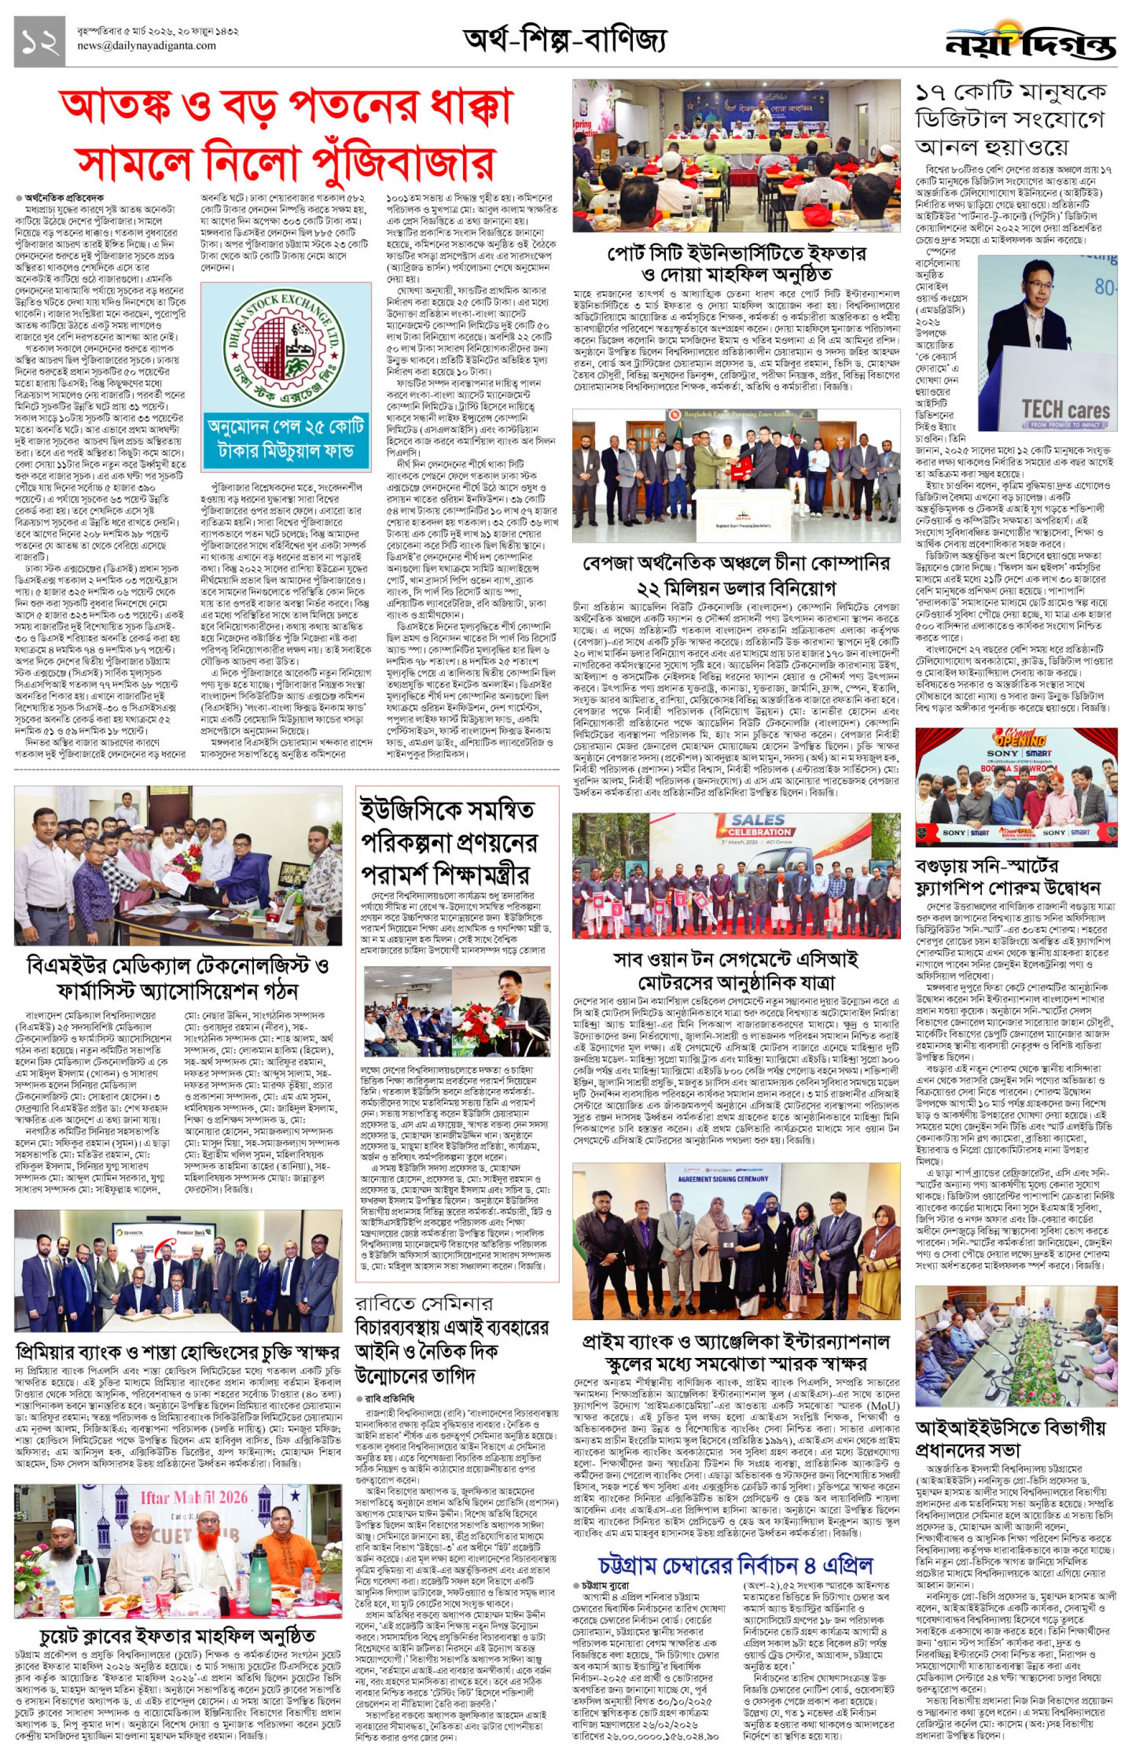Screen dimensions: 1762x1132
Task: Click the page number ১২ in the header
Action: (x=39, y=42)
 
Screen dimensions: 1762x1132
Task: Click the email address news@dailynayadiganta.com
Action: (x=147, y=46)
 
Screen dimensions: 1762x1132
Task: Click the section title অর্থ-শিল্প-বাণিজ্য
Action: (x=564, y=40)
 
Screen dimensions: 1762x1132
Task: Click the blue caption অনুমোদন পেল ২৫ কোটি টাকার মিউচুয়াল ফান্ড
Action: (x=285, y=439)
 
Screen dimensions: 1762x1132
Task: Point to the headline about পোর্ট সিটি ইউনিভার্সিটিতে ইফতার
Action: (x=736, y=263)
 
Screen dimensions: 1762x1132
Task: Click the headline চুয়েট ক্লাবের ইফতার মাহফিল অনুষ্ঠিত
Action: (x=177, y=1637)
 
